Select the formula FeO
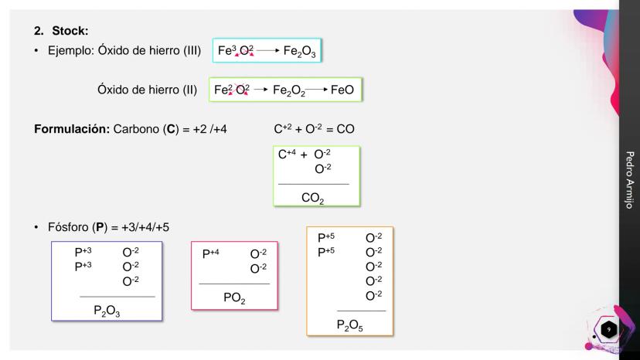[342, 90]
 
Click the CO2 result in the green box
[312, 198]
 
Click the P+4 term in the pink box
[211, 253]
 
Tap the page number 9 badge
[608, 330]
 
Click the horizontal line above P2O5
[361, 311]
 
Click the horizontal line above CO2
[313, 184]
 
